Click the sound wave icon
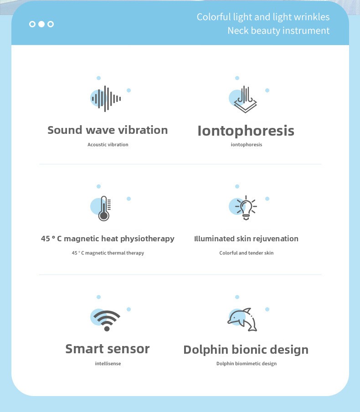pyautogui.click(x=106, y=99)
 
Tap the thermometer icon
pyautogui.click(x=104, y=209)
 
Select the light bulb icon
pyautogui.click(x=246, y=208)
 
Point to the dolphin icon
pyautogui.click(x=242, y=320)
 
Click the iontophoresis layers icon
pyautogui.click(x=245, y=99)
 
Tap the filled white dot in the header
pyautogui.click(x=41, y=24)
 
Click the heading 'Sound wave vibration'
pyautogui.click(x=108, y=130)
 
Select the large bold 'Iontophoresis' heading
pyautogui.click(x=246, y=131)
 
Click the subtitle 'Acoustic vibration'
pyautogui.click(x=108, y=144)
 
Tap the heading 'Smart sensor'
pyautogui.click(x=107, y=349)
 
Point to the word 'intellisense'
pyautogui.click(x=108, y=364)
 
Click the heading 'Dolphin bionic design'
pyautogui.click(x=246, y=350)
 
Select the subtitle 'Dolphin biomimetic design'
pyautogui.click(x=247, y=364)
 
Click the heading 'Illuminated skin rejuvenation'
pyautogui.click(x=246, y=239)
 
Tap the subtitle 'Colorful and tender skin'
pyautogui.click(x=247, y=253)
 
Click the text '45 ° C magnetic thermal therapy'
pyautogui.click(x=108, y=253)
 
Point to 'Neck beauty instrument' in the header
pyautogui.click(x=278, y=31)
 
